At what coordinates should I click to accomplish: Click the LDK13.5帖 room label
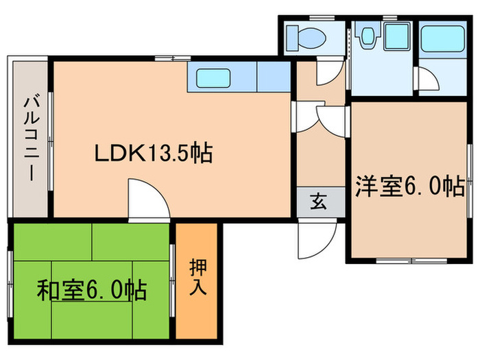[x=152, y=153]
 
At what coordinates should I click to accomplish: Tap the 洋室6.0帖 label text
[x=409, y=187]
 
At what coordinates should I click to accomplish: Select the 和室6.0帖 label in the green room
[x=91, y=292]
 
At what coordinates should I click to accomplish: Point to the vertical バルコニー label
[x=31, y=137]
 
